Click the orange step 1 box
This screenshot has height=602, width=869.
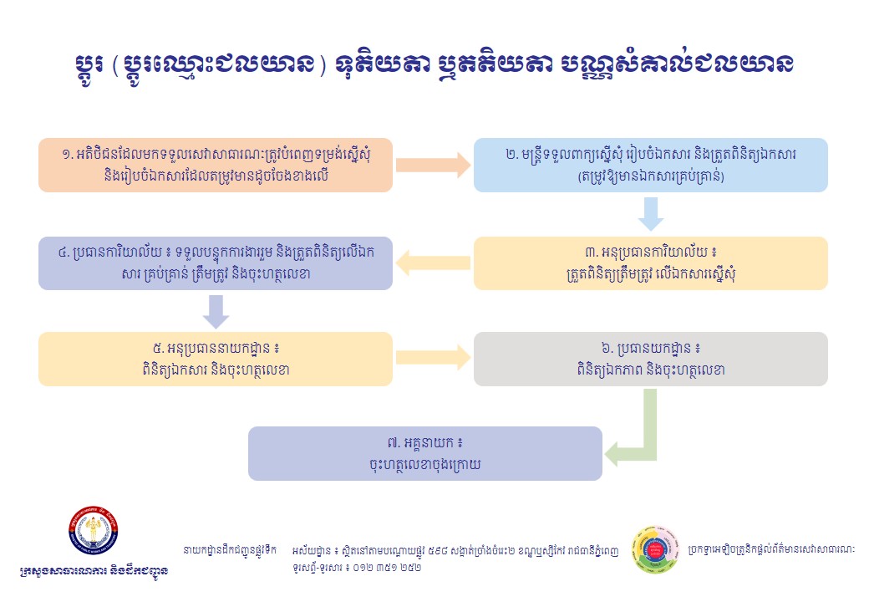pyautogui.click(x=215, y=165)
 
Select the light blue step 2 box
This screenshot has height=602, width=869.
pyautogui.click(x=650, y=165)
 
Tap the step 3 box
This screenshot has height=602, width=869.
pyautogui.click(x=650, y=263)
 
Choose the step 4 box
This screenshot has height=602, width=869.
pyautogui.click(x=215, y=263)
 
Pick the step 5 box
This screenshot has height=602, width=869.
pyautogui.click(x=215, y=359)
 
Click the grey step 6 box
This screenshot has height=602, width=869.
pyautogui.click(x=650, y=359)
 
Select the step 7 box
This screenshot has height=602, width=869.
pyautogui.click(x=424, y=453)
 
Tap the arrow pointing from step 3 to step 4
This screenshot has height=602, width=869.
pyautogui.click(x=433, y=263)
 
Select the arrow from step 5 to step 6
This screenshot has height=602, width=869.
pyautogui.click(x=433, y=359)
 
